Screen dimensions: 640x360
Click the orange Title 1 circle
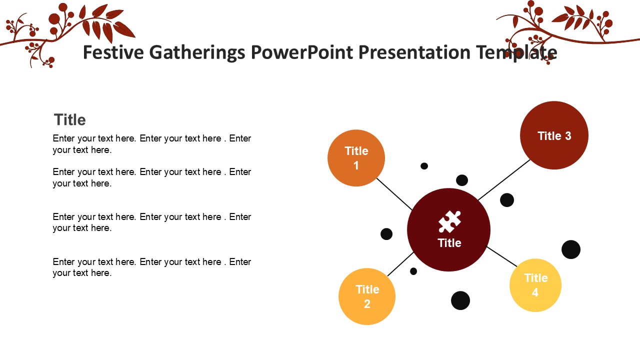356,158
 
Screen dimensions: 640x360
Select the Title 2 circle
367,296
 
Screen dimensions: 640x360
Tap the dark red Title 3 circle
554,135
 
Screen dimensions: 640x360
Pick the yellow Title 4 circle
535,285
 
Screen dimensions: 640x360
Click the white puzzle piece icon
449,221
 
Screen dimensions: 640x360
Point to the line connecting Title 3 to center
504,179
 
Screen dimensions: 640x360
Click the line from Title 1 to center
394,194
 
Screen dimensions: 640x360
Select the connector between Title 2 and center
400,264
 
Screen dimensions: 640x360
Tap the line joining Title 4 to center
501,256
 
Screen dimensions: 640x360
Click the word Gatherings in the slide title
197,53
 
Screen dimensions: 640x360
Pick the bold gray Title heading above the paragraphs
69,119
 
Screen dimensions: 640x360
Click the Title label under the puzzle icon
449,243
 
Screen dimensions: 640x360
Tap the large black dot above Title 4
571,249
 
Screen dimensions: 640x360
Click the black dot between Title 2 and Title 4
460,300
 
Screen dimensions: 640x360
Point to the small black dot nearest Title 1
424,166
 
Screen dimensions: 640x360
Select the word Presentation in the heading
414,52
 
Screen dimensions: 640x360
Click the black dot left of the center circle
386,234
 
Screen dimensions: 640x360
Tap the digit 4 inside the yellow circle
535,292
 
